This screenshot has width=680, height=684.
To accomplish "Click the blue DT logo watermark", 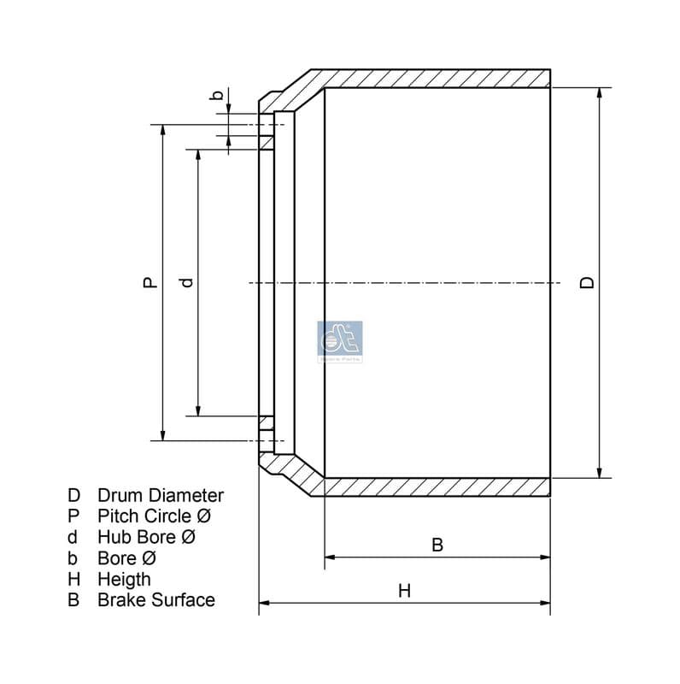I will click(340, 341).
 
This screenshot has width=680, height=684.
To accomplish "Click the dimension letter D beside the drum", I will click(586, 282).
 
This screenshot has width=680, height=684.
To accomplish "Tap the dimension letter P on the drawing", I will click(149, 282).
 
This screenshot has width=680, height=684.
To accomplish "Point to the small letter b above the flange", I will click(218, 95).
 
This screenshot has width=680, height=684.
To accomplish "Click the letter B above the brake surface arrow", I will click(437, 545).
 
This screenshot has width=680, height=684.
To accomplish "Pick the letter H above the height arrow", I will click(405, 590).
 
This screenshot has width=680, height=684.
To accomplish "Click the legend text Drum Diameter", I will click(161, 495).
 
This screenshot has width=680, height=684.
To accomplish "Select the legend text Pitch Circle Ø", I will click(154, 516).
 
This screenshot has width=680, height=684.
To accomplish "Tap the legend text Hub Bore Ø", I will click(147, 537).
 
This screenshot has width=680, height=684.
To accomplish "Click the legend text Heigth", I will click(125, 579).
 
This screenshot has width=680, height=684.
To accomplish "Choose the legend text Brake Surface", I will click(156, 600).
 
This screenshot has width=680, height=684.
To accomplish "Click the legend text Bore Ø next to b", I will click(127, 558).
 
